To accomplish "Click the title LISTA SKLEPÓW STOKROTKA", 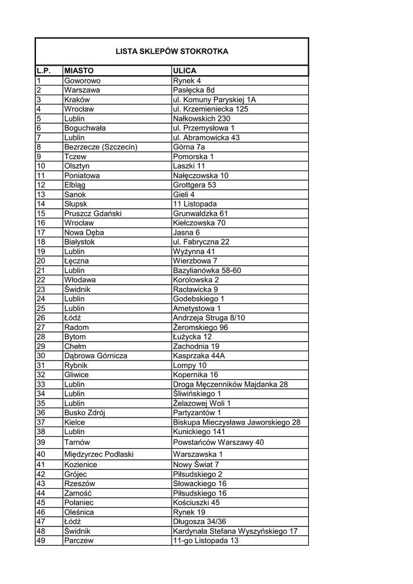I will [171, 51].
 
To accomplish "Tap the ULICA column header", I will [185, 71].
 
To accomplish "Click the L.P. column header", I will [44, 71].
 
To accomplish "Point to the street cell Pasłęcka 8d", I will [194, 90].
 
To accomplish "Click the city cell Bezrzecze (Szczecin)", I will [101, 147].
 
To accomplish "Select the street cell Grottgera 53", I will [195, 185].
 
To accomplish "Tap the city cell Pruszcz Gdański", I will [93, 213].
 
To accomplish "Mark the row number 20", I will [41, 261].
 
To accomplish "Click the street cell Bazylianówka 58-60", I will [207, 270].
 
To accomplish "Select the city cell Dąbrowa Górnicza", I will [96, 356].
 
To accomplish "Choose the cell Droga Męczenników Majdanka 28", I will [230, 384].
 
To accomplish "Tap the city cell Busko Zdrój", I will [85, 413].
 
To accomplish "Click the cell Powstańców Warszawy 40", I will [218, 442].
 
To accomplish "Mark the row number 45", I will [41, 502].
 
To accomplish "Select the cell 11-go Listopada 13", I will [206, 541].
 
